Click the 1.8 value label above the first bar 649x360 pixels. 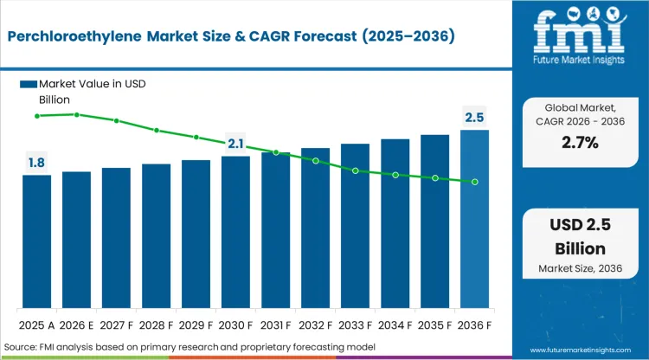[37, 162]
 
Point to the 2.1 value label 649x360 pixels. [235, 143]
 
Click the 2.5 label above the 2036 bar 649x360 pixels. [474, 117]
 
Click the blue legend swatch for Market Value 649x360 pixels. [28, 84]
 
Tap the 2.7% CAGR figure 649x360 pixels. [580, 143]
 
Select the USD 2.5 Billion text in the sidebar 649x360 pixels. [580, 237]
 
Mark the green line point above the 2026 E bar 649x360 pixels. [77, 114]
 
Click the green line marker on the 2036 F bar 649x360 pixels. [474, 182]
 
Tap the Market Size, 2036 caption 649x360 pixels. [580, 268]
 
